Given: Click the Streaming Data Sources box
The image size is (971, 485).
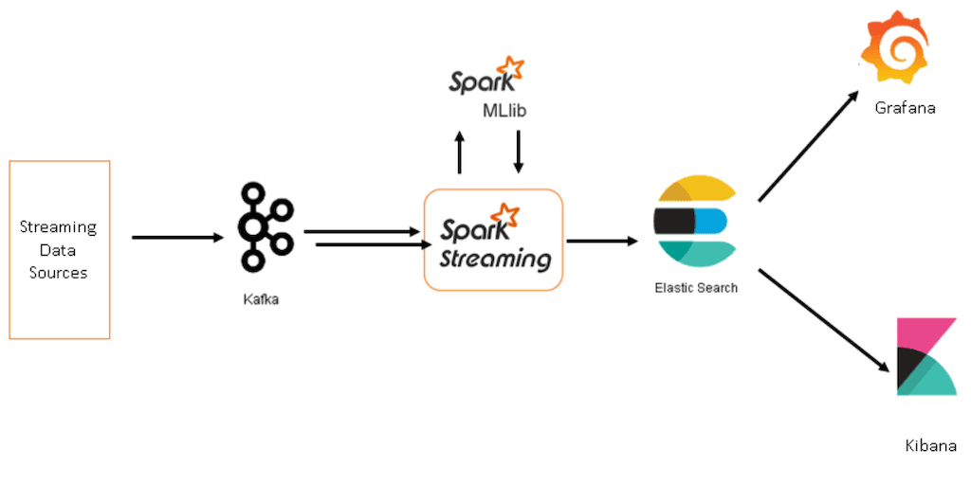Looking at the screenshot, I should pyautogui.click(x=59, y=249).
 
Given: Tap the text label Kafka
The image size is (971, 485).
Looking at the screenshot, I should pyautogui.click(x=261, y=299).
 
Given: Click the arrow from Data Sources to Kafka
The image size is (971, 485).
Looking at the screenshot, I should pyautogui.click(x=176, y=237).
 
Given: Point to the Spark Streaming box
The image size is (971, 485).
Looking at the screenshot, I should pyautogui.click(x=493, y=239).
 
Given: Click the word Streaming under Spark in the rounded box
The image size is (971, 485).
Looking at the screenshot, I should pyautogui.click(x=494, y=258).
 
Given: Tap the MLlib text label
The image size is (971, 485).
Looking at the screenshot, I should pyautogui.click(x=504, y=112).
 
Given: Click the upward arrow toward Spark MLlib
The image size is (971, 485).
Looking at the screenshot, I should pyautogui.click(x=460, y=152).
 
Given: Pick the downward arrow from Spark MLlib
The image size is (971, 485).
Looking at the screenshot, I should pyautogui.click(x=518, y=152).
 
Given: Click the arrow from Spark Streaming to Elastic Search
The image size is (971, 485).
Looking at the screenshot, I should pyautogui.click(x=602, y=241).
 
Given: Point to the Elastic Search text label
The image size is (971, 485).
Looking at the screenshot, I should pyautogui.click(x=695, y=287).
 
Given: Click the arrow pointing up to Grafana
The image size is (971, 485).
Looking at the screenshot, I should pyautogui.click(x=809, y=146).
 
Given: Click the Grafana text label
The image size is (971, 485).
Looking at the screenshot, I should pyautogui.click(x=905, y=108).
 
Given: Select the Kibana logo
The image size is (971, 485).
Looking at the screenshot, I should pyautogui.click(x=925, y=357).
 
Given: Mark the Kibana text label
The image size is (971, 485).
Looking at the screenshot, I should pyautogui.click(x=930, y=445).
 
